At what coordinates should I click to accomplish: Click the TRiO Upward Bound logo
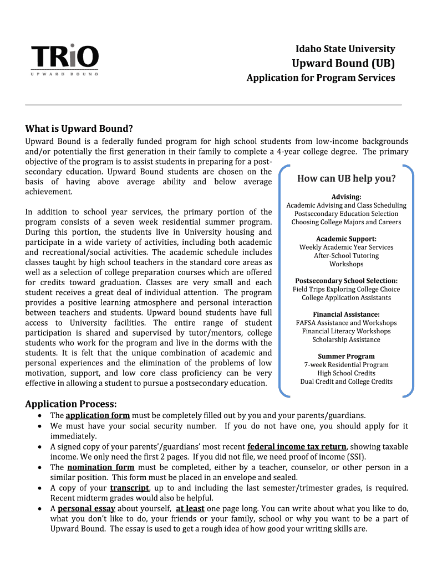click(x=65, y=60)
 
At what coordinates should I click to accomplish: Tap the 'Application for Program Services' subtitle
click(x=321, y=78)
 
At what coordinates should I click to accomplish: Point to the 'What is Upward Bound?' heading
click(x=79, y=129)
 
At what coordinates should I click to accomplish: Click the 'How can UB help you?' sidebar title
click(x=346, y=178)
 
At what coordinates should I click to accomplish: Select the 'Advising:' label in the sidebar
click(x=346, y=197)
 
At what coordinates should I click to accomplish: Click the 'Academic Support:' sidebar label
click(x=346, y=239)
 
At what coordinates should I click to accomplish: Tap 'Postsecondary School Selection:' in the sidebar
click(x=346, y=281)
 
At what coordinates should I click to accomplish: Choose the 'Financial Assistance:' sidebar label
click(x=346, y=314)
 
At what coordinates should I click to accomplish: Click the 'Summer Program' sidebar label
click(x=346, y=356)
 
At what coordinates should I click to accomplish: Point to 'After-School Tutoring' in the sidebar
click(x=346, y=256)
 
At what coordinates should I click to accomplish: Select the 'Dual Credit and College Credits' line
click(x=346, y=382)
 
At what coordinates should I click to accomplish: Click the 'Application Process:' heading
click(x=71, y=404)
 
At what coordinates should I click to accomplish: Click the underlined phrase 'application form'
click(x=98, y=415)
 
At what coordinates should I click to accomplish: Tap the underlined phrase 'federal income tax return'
click(x=297, y=447)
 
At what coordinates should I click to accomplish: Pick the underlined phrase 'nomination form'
click(x=100, y=467)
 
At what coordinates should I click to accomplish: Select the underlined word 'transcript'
click(x=129, y=488)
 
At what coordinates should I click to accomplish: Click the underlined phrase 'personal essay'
click(x=86, y=508)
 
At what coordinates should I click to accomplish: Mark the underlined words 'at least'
click(x=190, y=508)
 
